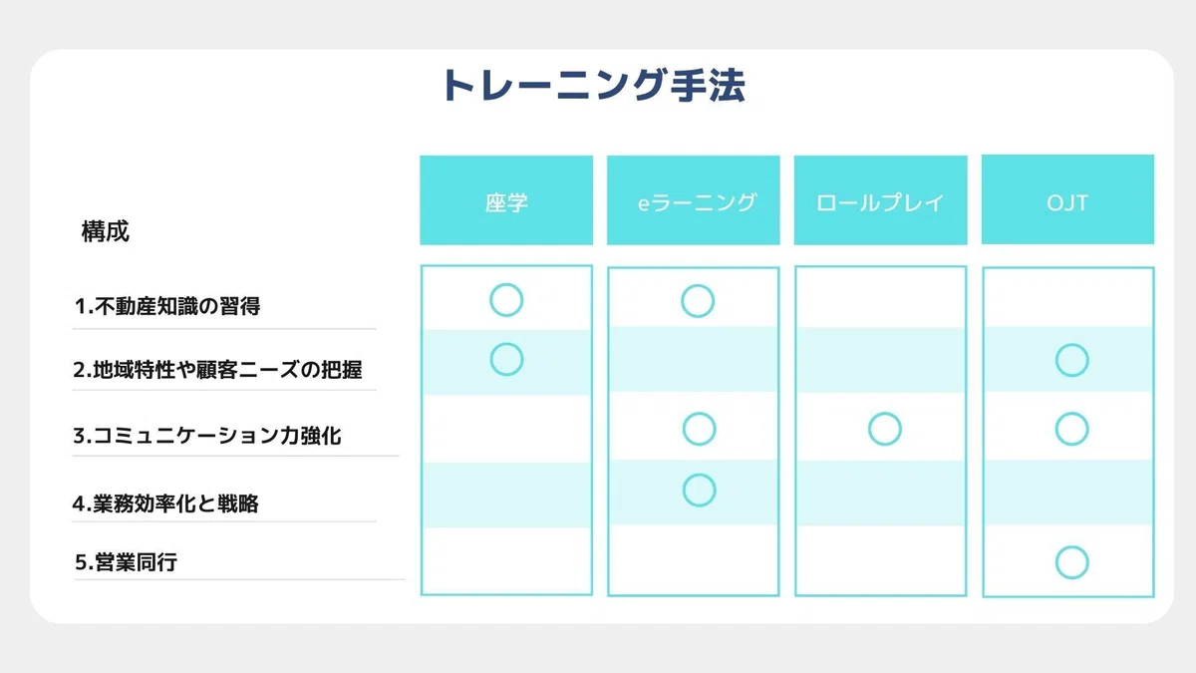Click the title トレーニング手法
[593, 86]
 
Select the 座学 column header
[506, 200]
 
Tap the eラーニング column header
[693, 200]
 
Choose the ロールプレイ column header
[880, 200]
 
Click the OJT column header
[1067, 199]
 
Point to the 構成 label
[106, 231]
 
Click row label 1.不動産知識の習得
[167, 306]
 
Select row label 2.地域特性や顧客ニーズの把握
[217, 369]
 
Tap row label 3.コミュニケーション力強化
[206, 436]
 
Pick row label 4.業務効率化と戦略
[165, 504]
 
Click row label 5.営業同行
[126, 562]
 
